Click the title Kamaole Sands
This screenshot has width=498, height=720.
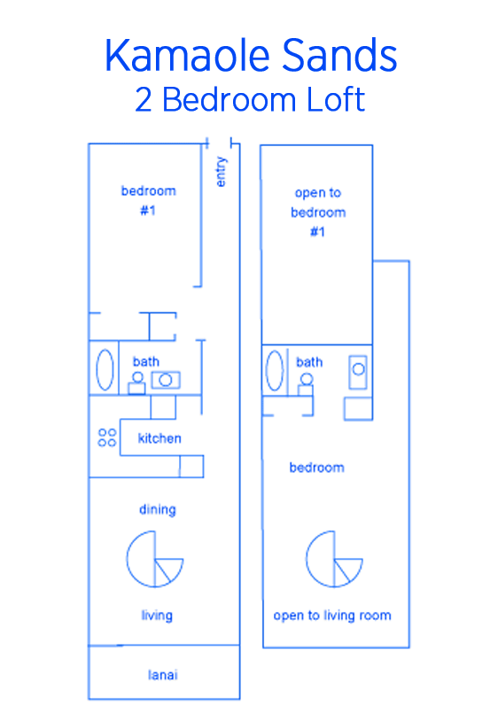(x=251, y=56)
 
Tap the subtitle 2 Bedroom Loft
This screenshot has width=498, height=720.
(x=250, y=100)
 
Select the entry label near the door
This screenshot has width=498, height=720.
(x=221, y=172)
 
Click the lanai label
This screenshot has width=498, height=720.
(x=163, y=675)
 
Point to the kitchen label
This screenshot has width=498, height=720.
(x=160, y=438)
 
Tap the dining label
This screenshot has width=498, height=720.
(x=158, y=510)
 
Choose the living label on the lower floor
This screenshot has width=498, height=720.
(x=157, y=615)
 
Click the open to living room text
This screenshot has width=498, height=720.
(x=332, y=615)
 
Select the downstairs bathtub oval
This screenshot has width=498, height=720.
(x=105, y=370)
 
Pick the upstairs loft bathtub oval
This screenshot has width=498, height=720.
(x=275, y=370)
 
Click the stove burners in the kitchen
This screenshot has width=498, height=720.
(x=107, y=437)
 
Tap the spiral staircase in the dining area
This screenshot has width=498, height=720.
(x=155, y=559)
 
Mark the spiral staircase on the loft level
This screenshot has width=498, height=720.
(x=334, y=559)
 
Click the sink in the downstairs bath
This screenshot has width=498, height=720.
(x=166, y=380)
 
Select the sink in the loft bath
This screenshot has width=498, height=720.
(x=358, y=372)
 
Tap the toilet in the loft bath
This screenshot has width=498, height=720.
(x=306, y=384)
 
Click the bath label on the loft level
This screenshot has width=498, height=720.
(x=309, y=362)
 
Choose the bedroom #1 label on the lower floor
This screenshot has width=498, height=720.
(x=148, y=200)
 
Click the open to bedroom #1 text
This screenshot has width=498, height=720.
(x=318, y=213)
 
